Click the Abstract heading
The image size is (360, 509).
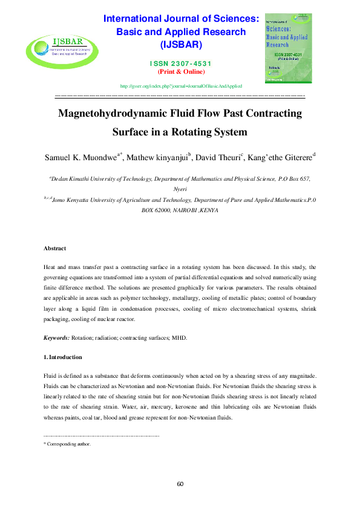point(55,248)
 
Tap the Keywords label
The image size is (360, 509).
point(57,337)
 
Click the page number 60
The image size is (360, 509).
point(180,484)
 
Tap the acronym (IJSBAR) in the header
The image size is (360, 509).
point(181,45)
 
